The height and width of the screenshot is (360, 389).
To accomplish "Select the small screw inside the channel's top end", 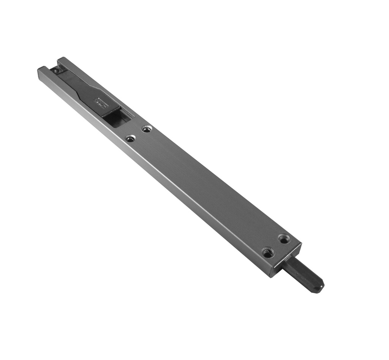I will click(x=56, y=71).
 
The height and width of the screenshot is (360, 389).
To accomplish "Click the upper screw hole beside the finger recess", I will click(x=147, y=129).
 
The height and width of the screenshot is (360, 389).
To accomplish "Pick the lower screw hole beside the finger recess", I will click(x=131, y=138).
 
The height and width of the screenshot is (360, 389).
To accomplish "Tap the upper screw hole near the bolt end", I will click(x=284, y=239).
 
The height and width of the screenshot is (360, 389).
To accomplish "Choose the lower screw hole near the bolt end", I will click(x=268, y=252).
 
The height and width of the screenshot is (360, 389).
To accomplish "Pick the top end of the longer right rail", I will click(x=61, y=60).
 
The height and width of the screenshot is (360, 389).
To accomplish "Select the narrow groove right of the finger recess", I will click(x=130, y=114).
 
